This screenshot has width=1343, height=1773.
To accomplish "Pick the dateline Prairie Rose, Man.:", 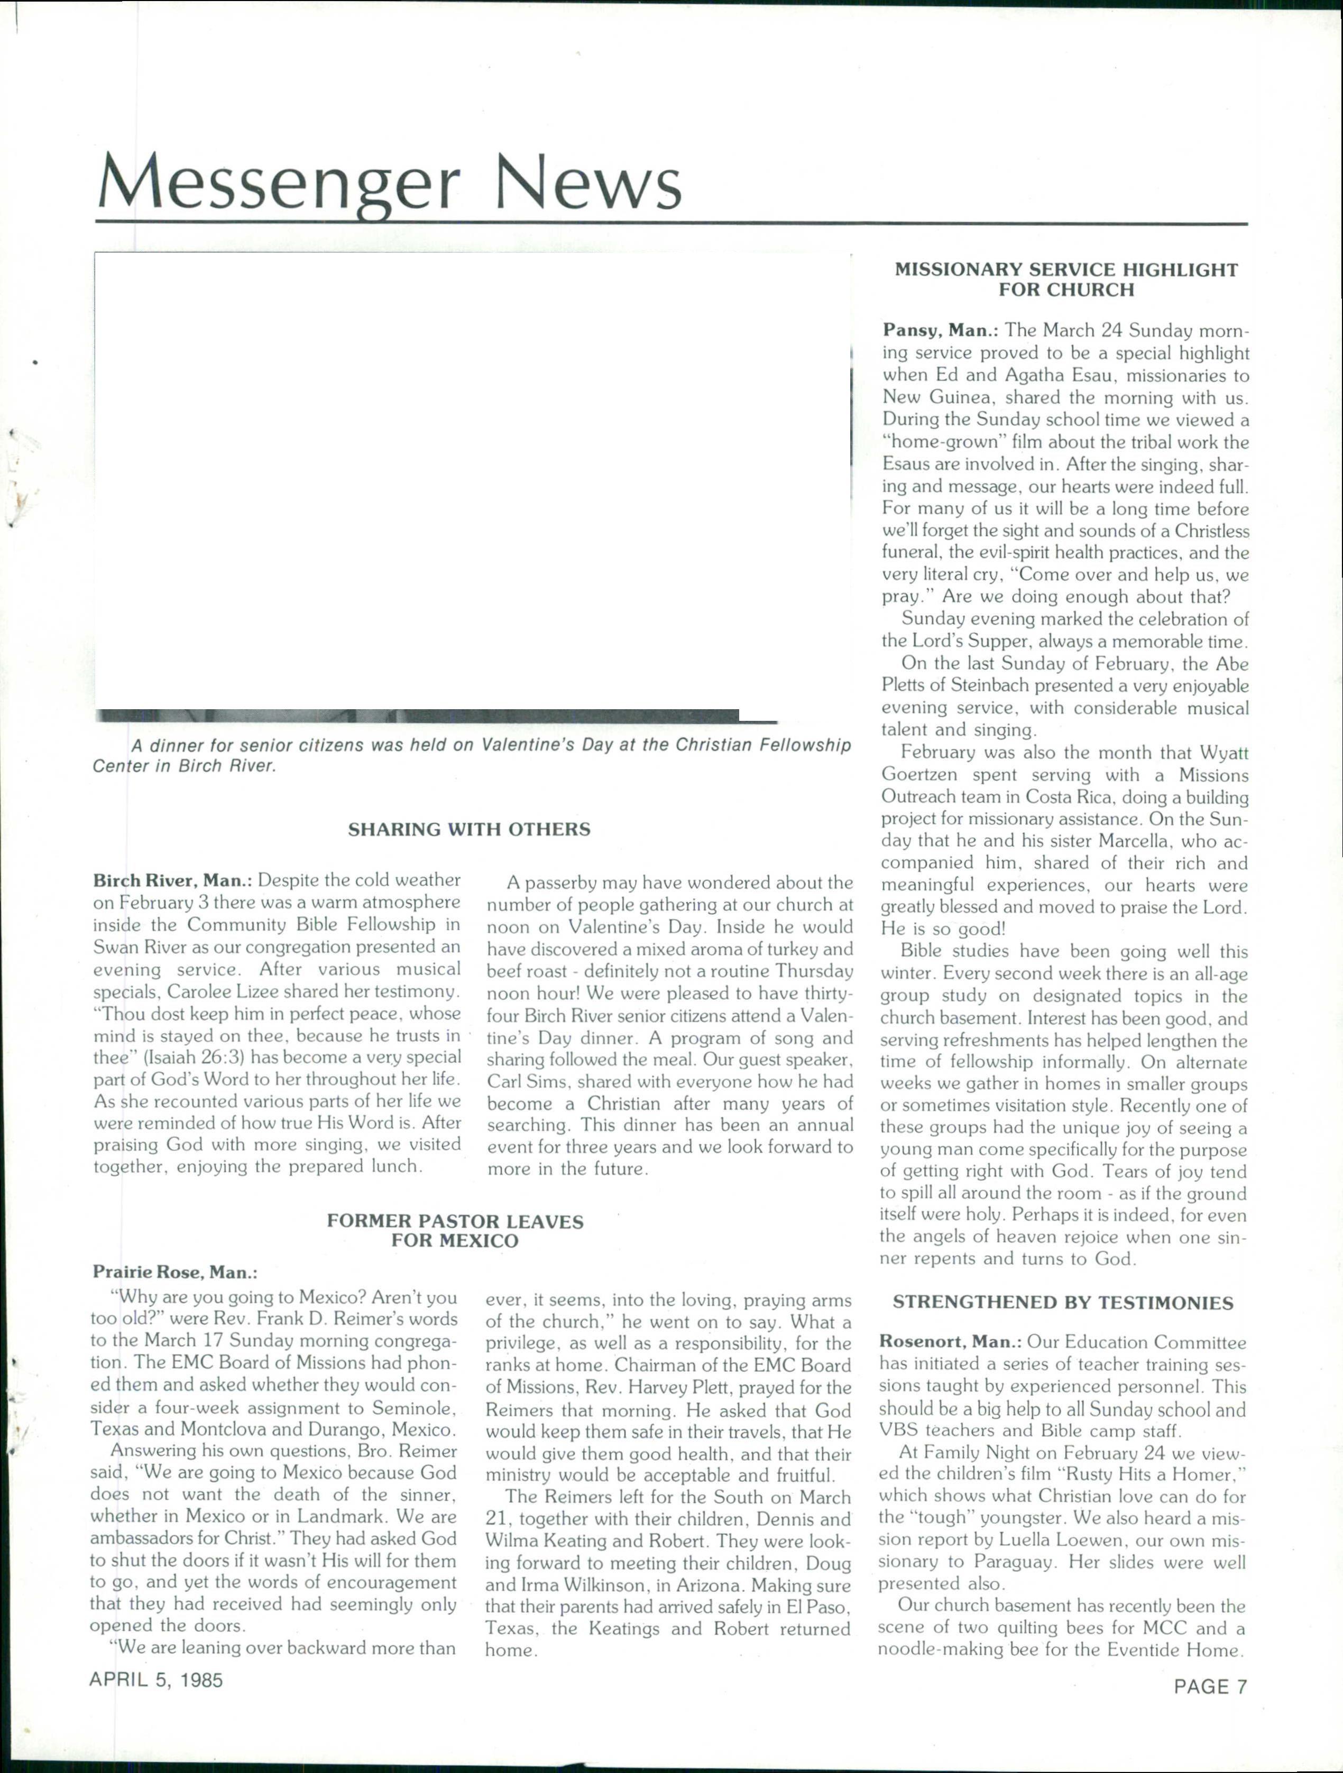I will tap(175, 1272).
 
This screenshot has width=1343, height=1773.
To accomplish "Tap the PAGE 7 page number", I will tap(1211, 1686).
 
